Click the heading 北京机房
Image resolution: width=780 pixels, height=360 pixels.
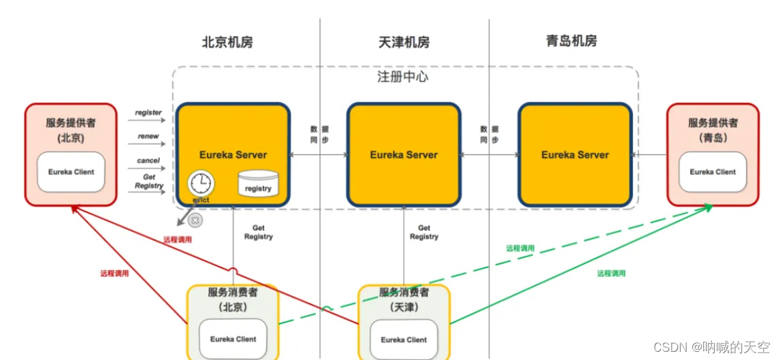227,42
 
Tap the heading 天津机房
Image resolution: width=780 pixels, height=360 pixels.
404,42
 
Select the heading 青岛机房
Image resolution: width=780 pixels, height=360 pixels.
571,41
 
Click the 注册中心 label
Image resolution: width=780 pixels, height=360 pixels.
403,76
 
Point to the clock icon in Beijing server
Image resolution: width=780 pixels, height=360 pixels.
201,182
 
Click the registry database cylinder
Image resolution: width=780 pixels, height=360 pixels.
258,184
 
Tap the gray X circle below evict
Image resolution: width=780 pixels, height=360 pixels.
195,220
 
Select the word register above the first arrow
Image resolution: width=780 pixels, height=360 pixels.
148,112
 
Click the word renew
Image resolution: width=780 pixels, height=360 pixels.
148,136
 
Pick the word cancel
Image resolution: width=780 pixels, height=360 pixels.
148,161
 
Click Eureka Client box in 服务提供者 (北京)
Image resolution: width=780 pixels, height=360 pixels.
71,171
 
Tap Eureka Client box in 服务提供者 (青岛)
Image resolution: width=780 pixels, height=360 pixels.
712,171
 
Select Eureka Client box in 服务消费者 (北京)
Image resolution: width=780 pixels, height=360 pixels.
232,338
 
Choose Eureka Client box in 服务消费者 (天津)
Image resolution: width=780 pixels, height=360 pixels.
404,339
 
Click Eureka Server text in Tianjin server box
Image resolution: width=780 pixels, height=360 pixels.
404,154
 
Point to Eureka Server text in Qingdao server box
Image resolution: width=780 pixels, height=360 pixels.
574,154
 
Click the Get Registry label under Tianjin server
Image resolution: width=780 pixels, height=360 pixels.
424,232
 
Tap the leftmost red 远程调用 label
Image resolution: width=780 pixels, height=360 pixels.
114,274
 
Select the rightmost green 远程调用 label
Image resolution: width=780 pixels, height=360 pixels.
611,274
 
